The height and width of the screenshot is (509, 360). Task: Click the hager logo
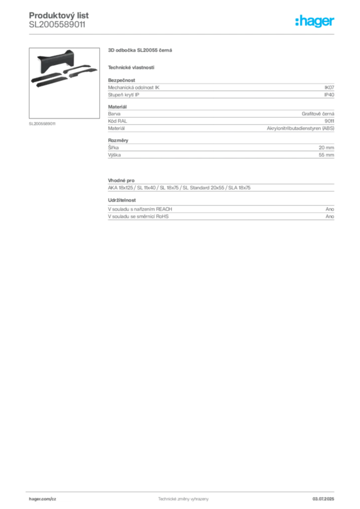coord(315,21)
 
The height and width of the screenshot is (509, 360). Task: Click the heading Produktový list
coord(59,15)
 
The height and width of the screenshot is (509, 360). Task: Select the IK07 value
coord(329,87)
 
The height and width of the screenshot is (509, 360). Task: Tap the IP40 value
coord(329,95)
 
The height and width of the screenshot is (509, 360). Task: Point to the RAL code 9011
coord(329,121)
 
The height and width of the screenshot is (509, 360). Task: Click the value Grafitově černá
coord(318,114)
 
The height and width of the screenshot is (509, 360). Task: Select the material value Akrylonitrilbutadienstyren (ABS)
coord(301,128)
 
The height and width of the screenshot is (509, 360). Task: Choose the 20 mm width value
coord(326,148)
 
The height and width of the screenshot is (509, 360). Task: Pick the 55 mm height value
coord(326,155)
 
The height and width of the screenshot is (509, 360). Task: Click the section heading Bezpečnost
coord(121,80)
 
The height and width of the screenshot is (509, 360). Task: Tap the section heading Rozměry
coord(118,140)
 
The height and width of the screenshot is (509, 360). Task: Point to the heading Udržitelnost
coord(122,200)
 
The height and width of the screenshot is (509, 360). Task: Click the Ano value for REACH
coord(330,209)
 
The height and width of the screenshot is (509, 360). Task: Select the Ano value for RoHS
coord(330,216)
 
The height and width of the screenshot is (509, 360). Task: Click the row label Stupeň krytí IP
coord(124,95)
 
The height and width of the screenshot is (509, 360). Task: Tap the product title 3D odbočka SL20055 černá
coord(140,50)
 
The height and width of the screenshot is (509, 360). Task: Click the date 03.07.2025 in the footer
coord(323,499)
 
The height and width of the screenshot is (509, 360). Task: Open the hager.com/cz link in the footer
coord(43,499)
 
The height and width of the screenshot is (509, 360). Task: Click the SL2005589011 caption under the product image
coord(42,124)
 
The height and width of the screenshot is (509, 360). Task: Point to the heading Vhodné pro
coord(121,180)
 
